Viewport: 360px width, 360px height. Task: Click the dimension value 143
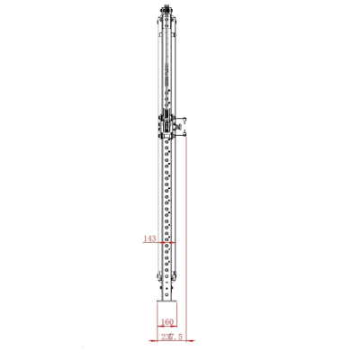point(149,239)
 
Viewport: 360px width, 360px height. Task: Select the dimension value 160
point(166,320)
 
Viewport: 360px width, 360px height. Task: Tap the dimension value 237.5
point(171,337)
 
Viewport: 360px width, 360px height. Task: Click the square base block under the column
point(166,313)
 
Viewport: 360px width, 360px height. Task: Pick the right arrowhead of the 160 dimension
point(176,325)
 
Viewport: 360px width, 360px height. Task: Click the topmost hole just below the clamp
point(166,142)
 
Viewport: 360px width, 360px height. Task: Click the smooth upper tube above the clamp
point(166,63)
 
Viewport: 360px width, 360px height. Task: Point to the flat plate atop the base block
point(166,301)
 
